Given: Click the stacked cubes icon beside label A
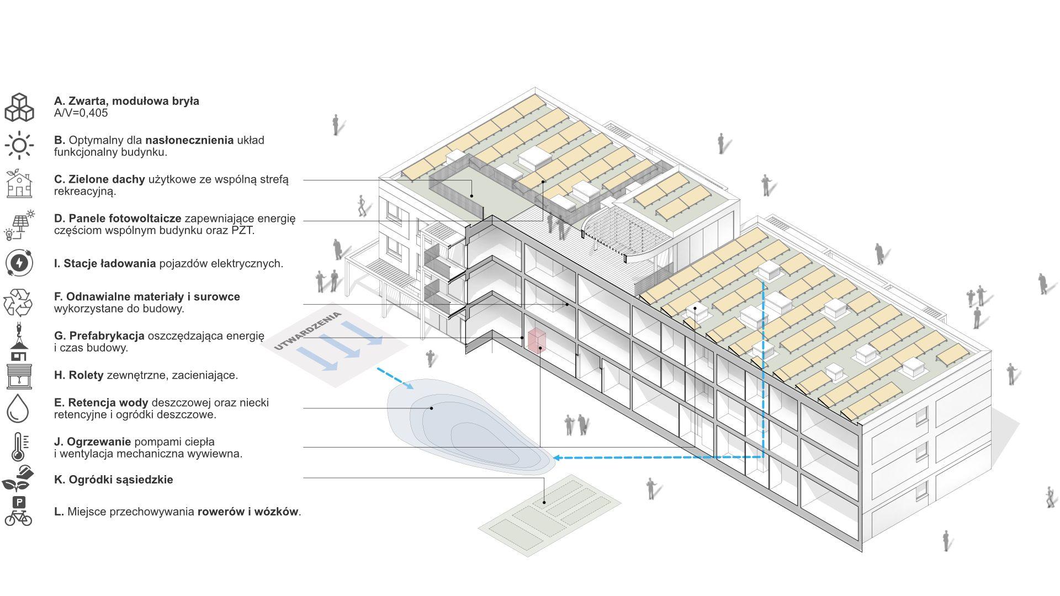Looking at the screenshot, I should click(19, 107).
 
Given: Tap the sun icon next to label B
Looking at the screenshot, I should click(19, 146).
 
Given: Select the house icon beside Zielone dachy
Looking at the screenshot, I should click(19, 184).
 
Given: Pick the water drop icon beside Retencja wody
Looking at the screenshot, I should click(18, 408).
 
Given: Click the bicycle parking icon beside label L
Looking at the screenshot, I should click(18, 511).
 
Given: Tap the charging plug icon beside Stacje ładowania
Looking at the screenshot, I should click(19, 263).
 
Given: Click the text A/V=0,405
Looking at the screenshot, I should click(81, 113).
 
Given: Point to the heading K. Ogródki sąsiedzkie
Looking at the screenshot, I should click(114, 480).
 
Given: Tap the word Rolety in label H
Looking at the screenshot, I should click(86, 375).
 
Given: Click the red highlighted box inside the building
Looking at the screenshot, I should click(537, 340).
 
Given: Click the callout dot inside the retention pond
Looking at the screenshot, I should click(432, 408).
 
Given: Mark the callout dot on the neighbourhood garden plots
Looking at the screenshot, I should click(544, 502).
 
